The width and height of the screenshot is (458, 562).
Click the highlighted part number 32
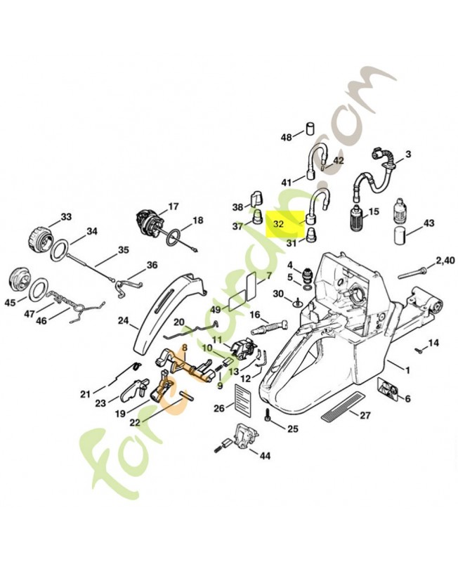click(x=279, y=225)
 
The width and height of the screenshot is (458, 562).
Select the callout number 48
click(x=287, y=137)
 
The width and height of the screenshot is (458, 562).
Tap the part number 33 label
click(x=66, y=216)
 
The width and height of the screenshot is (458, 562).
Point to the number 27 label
click(x=365, y=414)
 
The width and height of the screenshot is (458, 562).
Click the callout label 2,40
click(x=445, y=261)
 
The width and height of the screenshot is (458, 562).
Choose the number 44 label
click(x=265, y=455)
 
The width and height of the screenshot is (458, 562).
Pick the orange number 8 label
click(x=185, y=348)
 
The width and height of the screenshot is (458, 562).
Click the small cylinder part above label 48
click(x=307, y=130)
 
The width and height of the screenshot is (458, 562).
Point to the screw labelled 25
click(x=268, y=417)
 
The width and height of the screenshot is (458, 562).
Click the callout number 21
click(x=85, y=393)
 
